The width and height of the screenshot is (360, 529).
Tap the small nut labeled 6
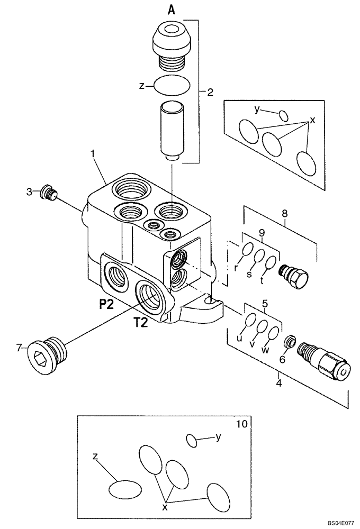[x=290, y=342]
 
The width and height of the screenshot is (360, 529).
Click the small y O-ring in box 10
[x=193, y=439]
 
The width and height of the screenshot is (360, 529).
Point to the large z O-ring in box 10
[x=125, y=489]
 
